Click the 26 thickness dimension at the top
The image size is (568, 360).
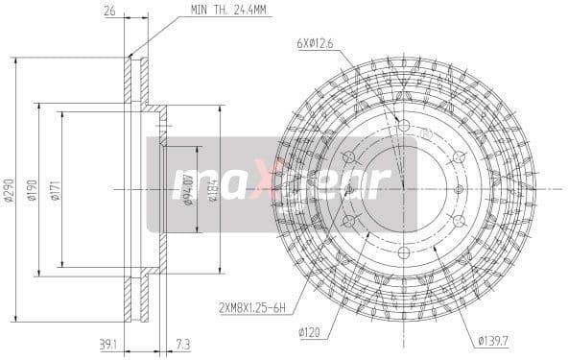(x=110, y=12)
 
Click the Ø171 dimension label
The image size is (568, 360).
(x=56, y=189)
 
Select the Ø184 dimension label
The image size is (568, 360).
(x=213, y=189)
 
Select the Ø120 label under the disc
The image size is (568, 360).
(x=310, y=333)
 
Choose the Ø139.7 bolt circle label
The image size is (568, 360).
(x=491, y=339)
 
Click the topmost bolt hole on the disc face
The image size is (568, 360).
(x=403, y=127)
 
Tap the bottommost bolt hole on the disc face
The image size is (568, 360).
(x=403, y=252)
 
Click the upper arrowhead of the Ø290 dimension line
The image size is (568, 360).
(x=17, y=60)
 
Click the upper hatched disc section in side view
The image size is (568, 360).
(x=135, y=82)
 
